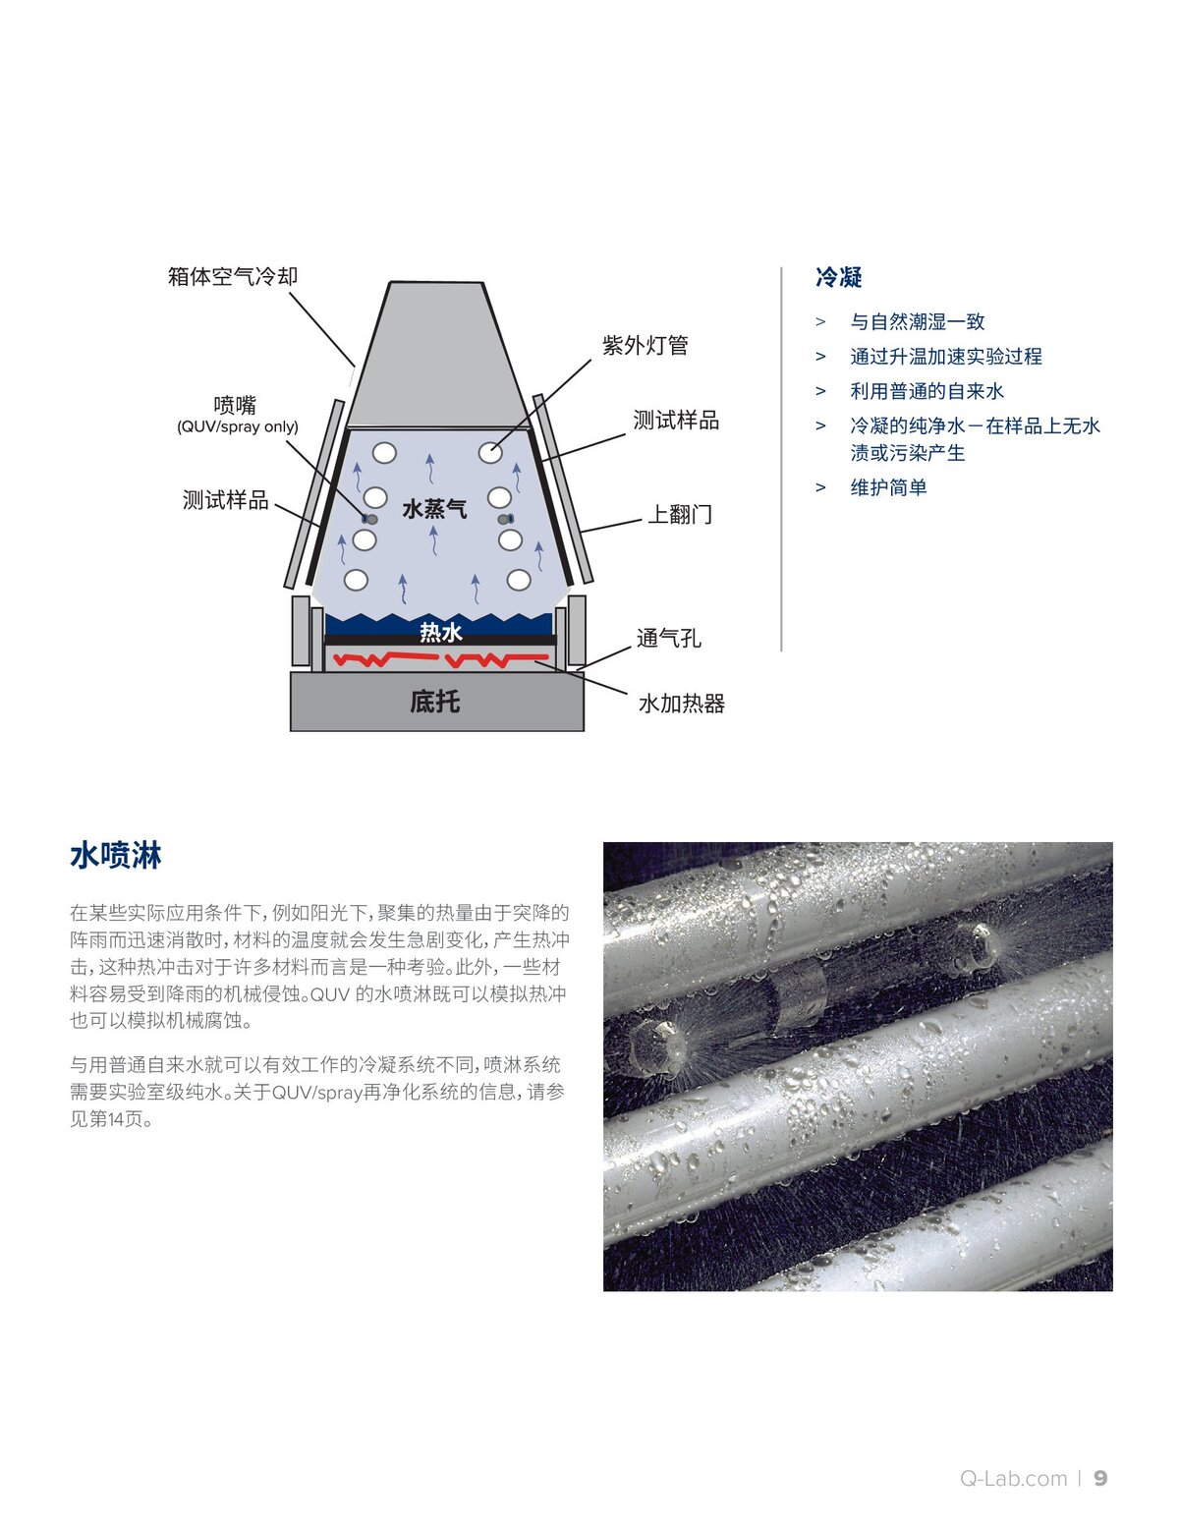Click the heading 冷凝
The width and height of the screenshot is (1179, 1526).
pyautogui.click(x=838, y=278)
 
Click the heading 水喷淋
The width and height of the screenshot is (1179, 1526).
pyautogui.click(x=115, y=855)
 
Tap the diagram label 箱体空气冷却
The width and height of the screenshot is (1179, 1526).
pyautogui.click(x=233, y=276)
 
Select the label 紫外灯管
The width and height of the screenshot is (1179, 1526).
pyautogui.click(x=645, y=345)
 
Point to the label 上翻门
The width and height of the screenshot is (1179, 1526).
pyautogui.click(x=679, y=514)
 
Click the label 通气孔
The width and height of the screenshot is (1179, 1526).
pyautogui.click(x=668, y=638)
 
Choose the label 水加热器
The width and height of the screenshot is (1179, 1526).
pyautogui.click(x=681, y=704)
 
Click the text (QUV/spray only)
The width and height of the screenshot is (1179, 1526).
pyautogui.click(x=238, y=427)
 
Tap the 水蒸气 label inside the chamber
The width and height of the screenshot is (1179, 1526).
pyautogui.click(x=434, y=509)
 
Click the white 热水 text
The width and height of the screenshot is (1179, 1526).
pyautogui.click(x=440, y=632)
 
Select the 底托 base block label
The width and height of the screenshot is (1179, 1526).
pyautogui.click(x=434, y=702)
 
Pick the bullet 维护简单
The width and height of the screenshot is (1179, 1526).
pyautogui.click(x=888, y=487)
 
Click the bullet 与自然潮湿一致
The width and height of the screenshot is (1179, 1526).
pyautogui.click(x=917, y=321)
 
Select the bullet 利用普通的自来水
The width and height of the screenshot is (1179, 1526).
pyautogui.click(x=926, y=391)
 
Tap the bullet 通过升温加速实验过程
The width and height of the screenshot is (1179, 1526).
pyautogui.click(x=945, y=356)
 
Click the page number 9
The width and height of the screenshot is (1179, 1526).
pyautogui.click(x=1100, y=1478)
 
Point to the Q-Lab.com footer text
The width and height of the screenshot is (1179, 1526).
pyautogui.click(x=1013, y=1478)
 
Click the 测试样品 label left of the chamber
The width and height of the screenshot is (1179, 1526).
pyautogui.click(x=226, y=500)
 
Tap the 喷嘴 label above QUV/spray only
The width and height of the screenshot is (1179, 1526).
pyautogui.click(x=235, y=405)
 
